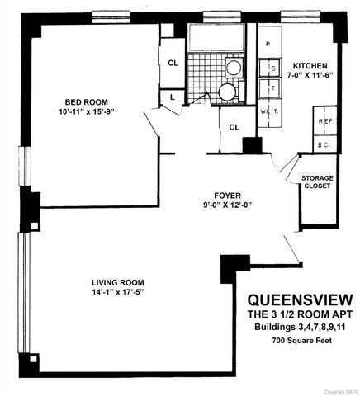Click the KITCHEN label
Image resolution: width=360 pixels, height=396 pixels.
pos(310,66)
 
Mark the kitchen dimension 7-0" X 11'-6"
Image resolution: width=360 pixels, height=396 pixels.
pos(310,76)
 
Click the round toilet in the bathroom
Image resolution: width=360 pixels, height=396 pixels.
pos(227,92)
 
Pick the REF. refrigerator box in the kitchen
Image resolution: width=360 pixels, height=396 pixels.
pos(324,120)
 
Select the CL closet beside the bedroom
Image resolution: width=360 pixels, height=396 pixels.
pos(173,63)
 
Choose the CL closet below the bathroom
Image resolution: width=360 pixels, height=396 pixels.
pos(234,127)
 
